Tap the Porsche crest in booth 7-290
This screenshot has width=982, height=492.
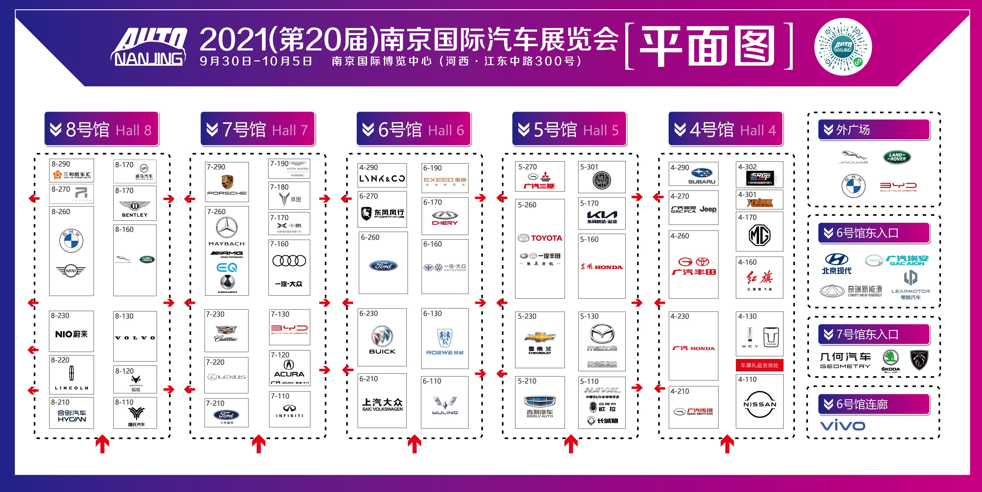(227, 182)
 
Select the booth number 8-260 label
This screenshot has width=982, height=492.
(61, 212)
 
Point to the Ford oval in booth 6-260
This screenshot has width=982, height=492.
(383, 266)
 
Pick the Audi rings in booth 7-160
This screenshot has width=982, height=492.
(289, 261)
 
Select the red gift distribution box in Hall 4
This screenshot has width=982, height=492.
(759, 365)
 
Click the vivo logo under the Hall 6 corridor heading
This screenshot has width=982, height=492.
(843, 426)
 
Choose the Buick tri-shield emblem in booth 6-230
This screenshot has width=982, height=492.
(382, 336)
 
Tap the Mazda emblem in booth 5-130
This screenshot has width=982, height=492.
(601, 334)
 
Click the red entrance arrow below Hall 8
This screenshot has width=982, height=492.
(102, 444)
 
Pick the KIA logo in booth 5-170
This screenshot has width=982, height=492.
(602, 214)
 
